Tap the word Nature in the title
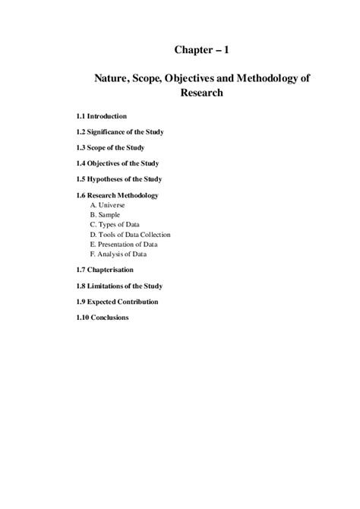pos(112,78)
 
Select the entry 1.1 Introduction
pos(96,115)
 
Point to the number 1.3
pos(71,147)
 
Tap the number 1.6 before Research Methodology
pos(71,195)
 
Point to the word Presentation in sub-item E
pos(116,245)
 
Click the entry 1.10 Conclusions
pos(97,318)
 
